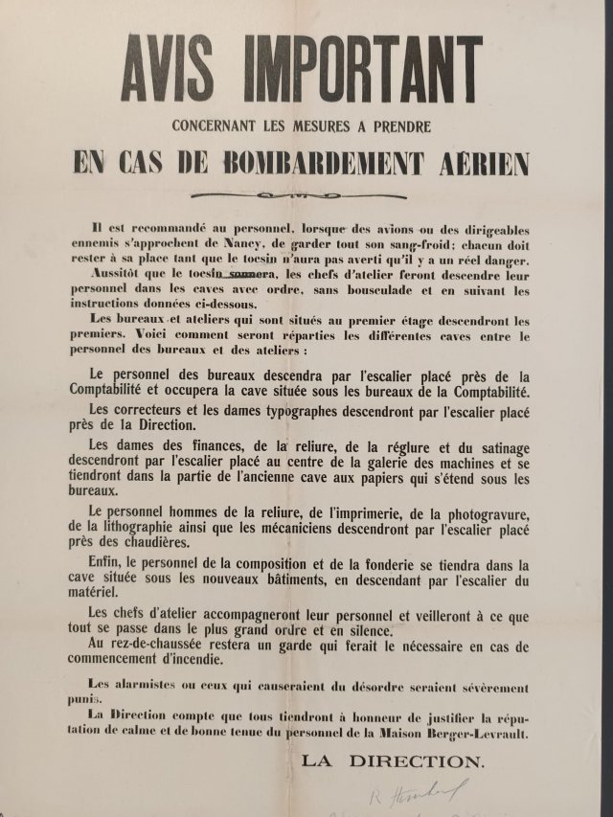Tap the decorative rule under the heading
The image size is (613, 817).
[305, 195]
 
